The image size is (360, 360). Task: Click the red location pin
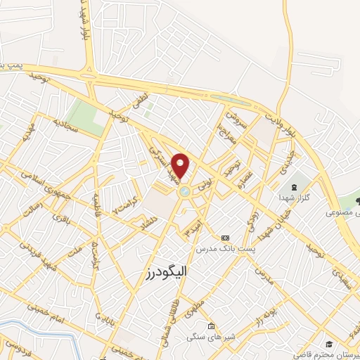[181, 165]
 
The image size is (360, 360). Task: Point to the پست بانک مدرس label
[225, 248]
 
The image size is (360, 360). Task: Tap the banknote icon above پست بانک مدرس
[225, 238]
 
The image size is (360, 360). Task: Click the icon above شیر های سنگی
[211, 326]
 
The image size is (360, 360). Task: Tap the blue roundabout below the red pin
[184, 191]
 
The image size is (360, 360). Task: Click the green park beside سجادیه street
[89, 114]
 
